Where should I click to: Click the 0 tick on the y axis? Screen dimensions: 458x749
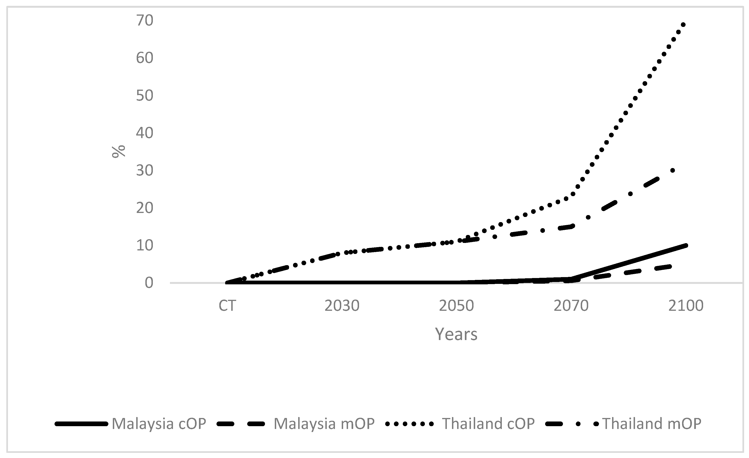click(x=149, y=283)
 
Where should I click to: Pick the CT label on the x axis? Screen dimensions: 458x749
click(x=227, y=306)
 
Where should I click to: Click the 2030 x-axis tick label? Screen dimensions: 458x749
click(x=342, y=306)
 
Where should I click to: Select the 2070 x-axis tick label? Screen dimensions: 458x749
click(x=571, y=306)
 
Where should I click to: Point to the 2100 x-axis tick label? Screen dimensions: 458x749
click(x=686, y=306)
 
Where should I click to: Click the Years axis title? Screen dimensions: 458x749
click(x=456, y=334)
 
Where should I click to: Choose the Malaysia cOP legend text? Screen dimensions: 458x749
click(x=159, y=424)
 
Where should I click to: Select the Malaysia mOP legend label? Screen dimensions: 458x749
click(x=324, y=424)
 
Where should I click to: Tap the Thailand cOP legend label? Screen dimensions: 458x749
click(x=488, y=424)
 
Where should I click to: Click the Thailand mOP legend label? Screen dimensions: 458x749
click(x=652, y=424)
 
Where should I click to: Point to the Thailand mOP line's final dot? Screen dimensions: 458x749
click(x=673, y=171)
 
